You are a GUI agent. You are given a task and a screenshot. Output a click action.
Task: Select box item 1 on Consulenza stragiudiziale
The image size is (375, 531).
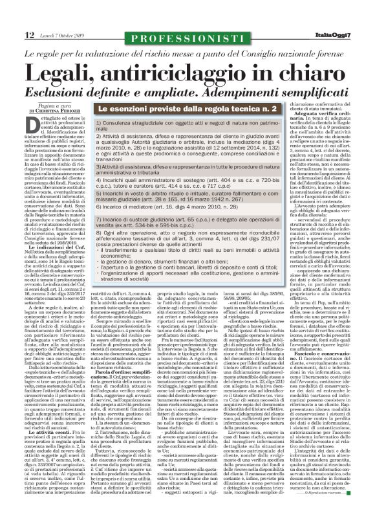pos(187,125)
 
